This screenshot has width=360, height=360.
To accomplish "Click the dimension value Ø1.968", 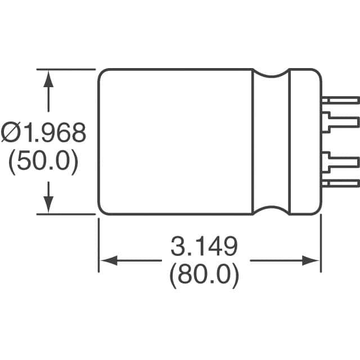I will (x=44, y=134).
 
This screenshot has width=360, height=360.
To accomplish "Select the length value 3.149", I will (x=204, y=246).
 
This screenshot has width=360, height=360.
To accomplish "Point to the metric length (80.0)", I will (x=204, y=276).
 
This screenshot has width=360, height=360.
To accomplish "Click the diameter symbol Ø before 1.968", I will (x=11, y=134).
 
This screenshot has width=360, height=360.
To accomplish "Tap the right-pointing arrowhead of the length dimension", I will (x=311, y=260).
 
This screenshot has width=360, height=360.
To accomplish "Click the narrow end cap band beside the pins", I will (x=304, y=141).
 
